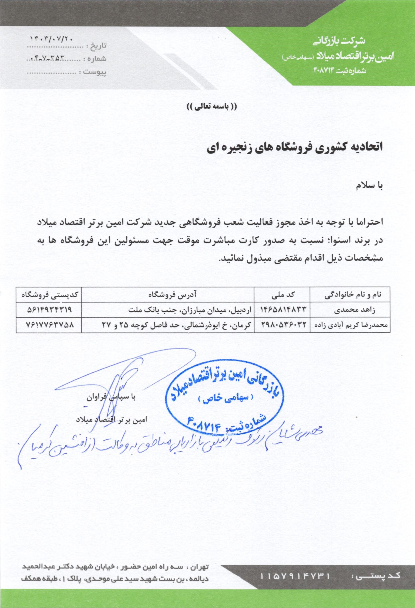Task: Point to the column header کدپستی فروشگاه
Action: click(x=49, y=295)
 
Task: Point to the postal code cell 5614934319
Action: click(x=49, y=309)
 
